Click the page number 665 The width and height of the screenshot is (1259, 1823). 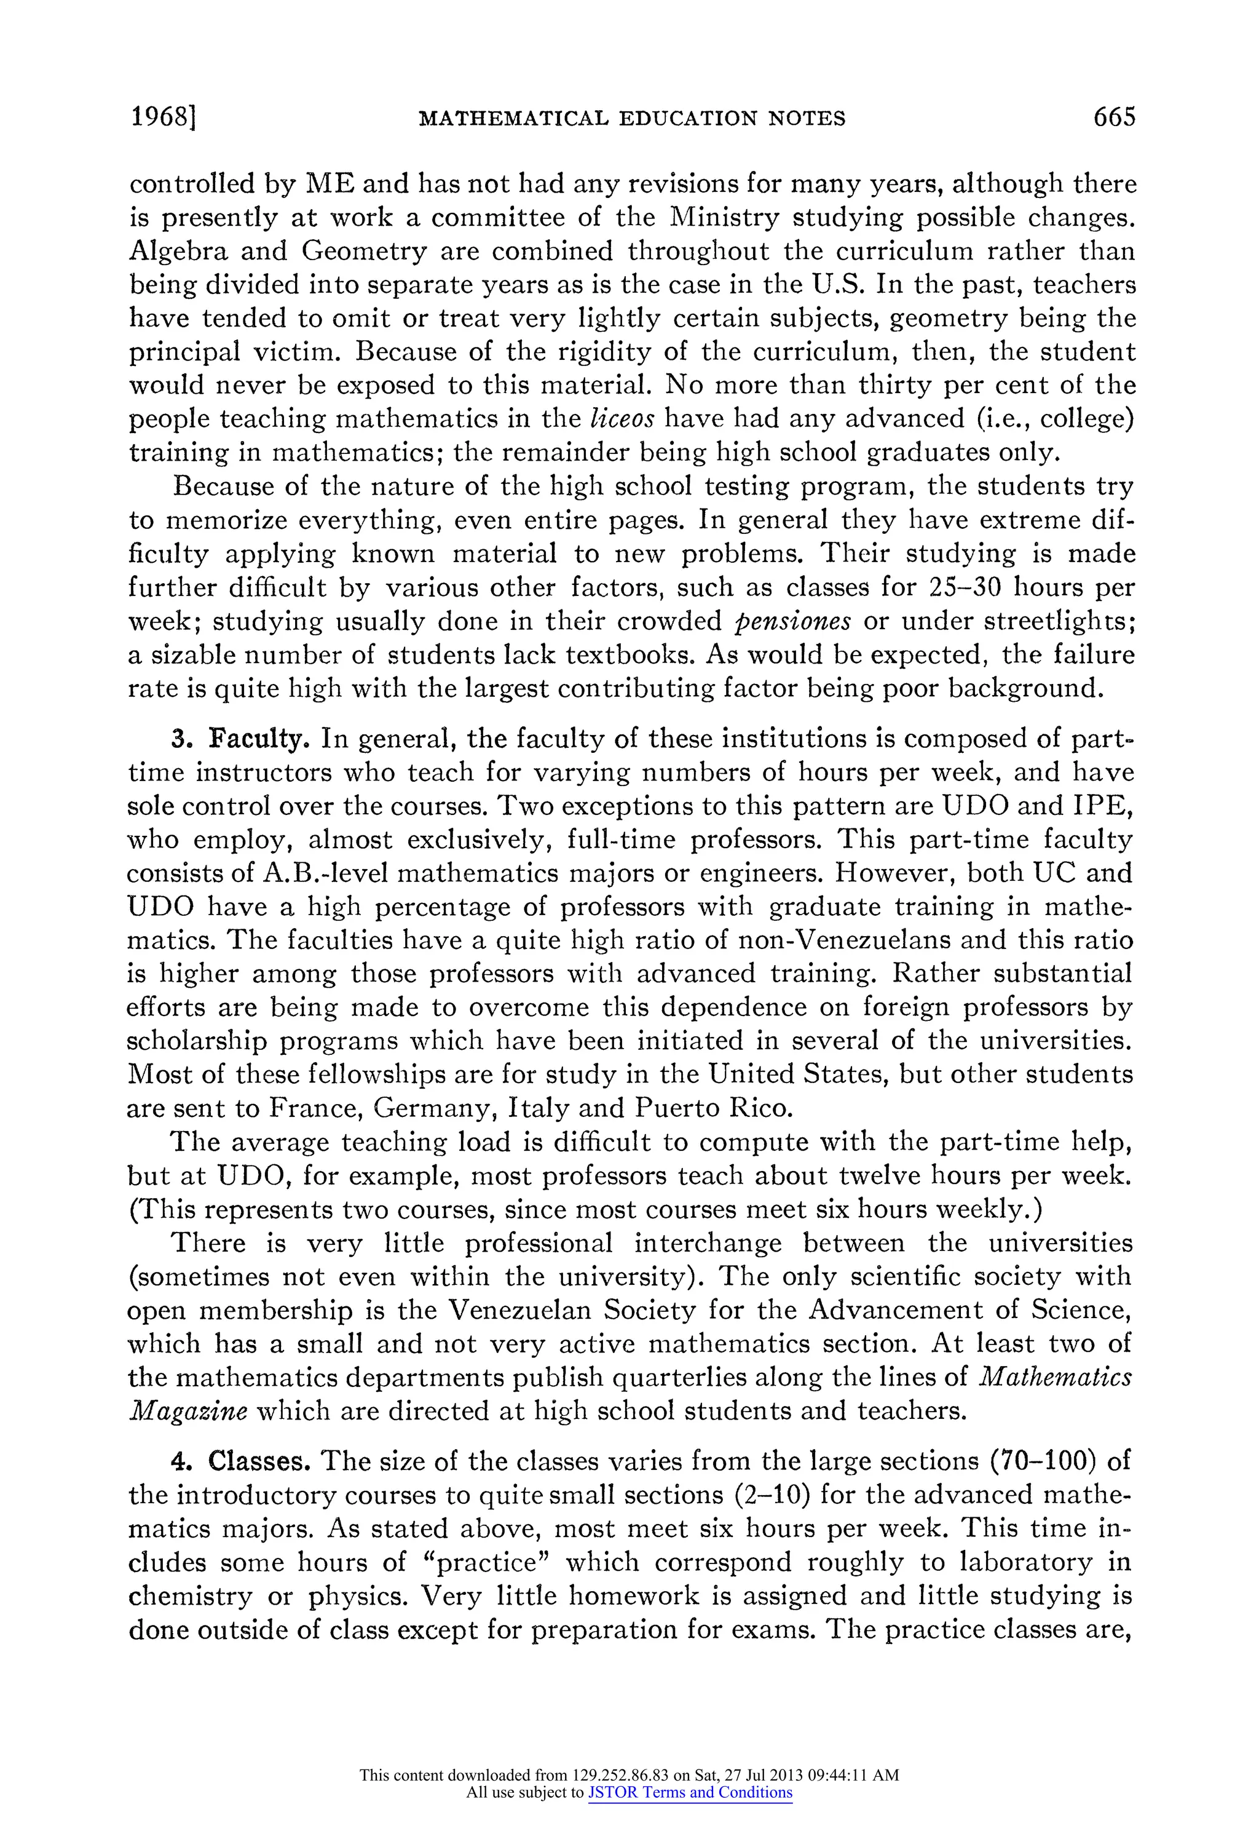pos(1114,117)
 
